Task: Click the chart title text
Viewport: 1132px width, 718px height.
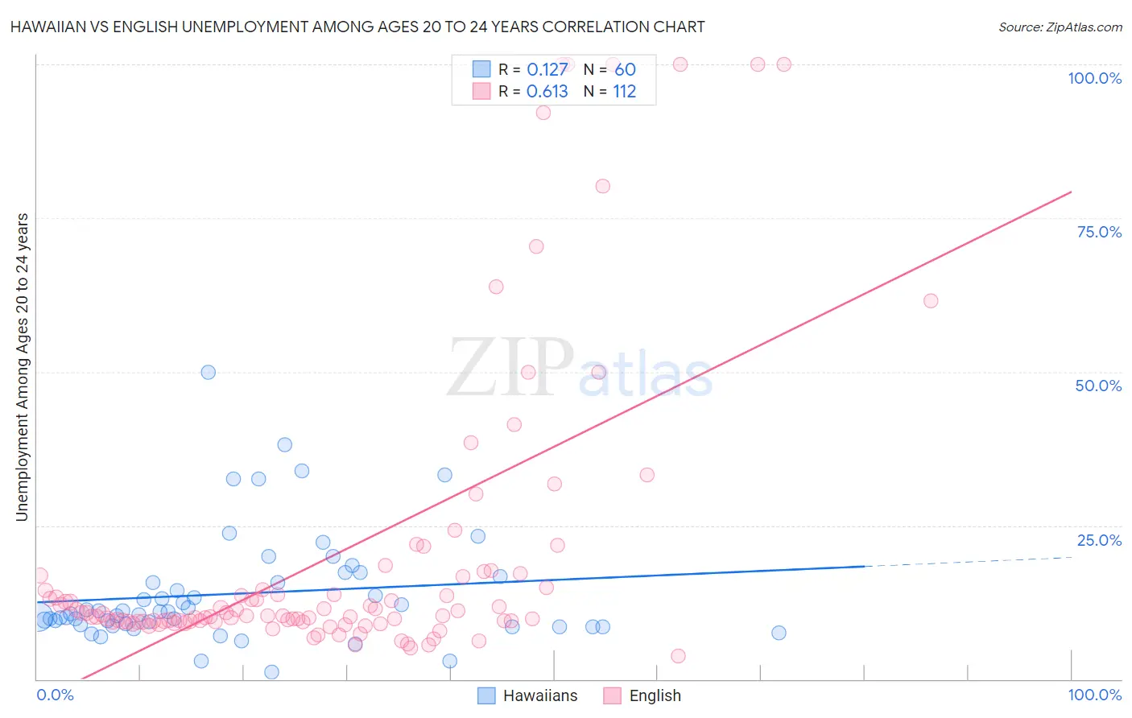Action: [357, 27]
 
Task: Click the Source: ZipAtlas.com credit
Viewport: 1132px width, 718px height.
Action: [1060, 27]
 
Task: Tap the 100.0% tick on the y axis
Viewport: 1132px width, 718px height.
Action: [1094, 78]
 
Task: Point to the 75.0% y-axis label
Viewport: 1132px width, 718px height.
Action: [1099, 232]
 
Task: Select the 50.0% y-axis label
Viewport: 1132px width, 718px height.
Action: [1098, 386]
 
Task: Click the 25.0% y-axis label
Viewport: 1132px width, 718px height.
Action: [1099, 540]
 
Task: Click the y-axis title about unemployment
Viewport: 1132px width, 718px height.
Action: [23, 367]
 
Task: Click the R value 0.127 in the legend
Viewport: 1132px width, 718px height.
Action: [547, 70]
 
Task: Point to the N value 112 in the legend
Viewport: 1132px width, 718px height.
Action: [624, 92]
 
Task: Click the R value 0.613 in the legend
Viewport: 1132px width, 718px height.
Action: [547, 92]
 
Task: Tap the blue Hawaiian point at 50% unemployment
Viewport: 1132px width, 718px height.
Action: [209, 372]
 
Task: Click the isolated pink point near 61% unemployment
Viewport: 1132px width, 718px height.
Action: [931, 301]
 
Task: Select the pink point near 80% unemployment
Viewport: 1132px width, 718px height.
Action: [603, 186]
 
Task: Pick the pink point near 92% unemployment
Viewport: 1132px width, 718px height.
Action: [543, 113]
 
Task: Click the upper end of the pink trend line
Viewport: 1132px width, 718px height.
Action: [1070, 192]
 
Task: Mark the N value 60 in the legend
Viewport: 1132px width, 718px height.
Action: [625, 70]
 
